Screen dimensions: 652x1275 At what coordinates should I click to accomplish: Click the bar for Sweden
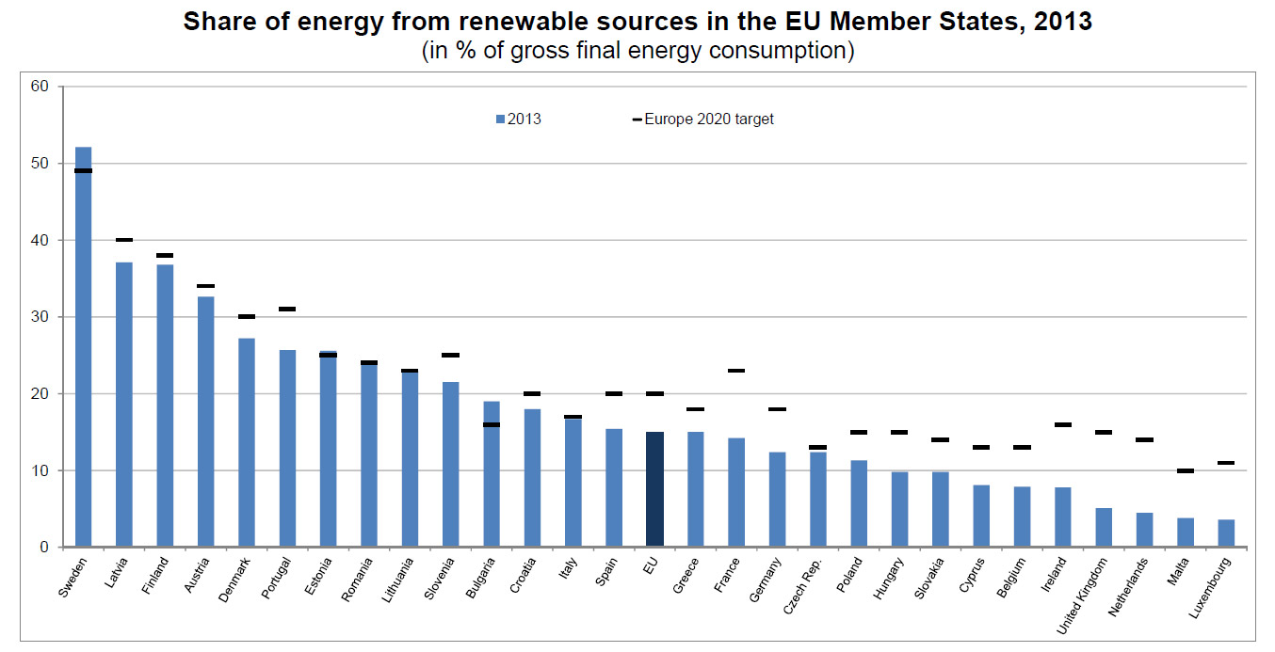coord(83,348)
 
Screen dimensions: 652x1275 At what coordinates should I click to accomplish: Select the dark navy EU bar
coord(654,489)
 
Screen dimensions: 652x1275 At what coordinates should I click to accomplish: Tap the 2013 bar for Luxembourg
coord(1226,533)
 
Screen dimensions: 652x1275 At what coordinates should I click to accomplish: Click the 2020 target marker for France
coord(736,371)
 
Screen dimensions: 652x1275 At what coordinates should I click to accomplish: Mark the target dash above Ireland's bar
coord(1063,424)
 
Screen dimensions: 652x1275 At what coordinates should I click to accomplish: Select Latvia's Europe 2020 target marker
coord(124,240)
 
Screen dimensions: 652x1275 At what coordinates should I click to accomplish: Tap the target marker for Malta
coord(1186,470)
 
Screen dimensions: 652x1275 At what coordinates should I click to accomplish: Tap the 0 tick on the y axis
coord(45,547)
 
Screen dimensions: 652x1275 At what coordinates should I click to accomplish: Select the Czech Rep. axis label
coord(803,587)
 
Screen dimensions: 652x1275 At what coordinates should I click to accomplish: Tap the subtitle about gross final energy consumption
coord(637,50)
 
